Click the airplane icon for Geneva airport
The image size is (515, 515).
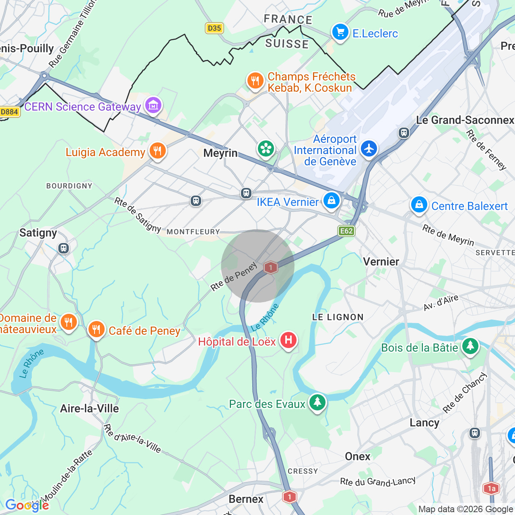point(369,149)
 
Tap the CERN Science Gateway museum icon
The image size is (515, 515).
point(153,105)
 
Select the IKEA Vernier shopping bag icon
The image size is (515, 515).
point(332,200)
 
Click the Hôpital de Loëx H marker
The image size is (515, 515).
point(288,340)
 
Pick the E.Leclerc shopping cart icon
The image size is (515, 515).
point(340,32)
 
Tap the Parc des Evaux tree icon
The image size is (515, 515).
point(317,402)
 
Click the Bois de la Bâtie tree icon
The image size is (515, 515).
point(470,346)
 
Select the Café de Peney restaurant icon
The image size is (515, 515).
point(96,330)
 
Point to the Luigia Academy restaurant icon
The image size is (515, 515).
point(158,151)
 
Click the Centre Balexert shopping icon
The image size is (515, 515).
point(419,205)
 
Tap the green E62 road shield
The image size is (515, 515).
point(346,231)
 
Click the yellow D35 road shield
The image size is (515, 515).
point(214,28)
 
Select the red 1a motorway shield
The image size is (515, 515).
point(491,489)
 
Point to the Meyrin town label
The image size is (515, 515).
point(220,153)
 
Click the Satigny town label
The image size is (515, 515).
point(38,233)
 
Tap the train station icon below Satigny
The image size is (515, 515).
point(63,248)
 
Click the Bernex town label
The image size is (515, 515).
point(246,499)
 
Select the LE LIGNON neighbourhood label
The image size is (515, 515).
point(338,317)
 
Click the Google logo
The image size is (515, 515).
point(27,505)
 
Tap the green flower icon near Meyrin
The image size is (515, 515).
point(266,149)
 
